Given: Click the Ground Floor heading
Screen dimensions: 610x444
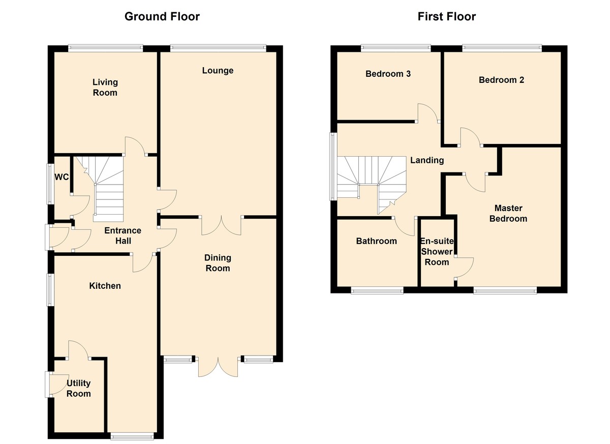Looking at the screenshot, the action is [x=162, y=17].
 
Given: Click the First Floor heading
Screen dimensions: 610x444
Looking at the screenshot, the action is [x=447, y=17].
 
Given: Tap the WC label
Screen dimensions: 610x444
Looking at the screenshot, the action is [x=62, y=177].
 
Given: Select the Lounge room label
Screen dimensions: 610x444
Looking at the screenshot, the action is [x=218, y=71].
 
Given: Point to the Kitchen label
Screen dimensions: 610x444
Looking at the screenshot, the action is [x=105, y=286].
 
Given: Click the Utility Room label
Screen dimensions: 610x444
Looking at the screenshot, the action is [x=79, y=388].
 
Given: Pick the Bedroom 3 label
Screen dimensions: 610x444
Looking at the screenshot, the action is [x=388, y=74].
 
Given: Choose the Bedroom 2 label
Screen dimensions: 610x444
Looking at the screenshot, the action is [x=501, y=80].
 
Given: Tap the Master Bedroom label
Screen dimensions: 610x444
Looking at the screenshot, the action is [x=508, y=213].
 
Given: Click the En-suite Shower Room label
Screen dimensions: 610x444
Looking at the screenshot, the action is [x=437, y=251].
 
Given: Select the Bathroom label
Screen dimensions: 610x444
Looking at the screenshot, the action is [x=376, y=241].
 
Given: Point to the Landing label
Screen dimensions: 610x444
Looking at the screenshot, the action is [x=427, y=160].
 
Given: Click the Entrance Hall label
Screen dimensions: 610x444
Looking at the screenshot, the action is [x=123, y=235].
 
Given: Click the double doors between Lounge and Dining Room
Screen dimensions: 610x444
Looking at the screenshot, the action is [x=221, y=225].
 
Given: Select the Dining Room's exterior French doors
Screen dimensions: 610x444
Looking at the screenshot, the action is [x=218, y=366].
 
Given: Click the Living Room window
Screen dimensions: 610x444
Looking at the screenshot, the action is [x=105, y=48].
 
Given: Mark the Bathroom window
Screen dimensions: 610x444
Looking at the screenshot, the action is [x=377, y=291].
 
